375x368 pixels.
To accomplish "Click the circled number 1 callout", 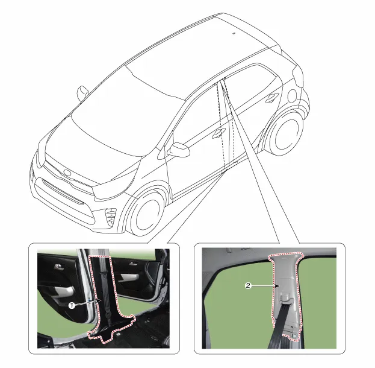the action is [x=71, y=305].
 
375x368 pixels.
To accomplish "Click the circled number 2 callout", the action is [x=248, y=285].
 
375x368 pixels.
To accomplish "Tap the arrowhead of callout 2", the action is [x=277, y=286].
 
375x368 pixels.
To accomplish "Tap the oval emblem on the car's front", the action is [x=67, y=172].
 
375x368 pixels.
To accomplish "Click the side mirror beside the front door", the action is [x=179, y=150].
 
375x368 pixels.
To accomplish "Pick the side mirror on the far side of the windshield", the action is [x=82, y=92].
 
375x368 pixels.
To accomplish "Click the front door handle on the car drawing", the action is [x=218, y=133].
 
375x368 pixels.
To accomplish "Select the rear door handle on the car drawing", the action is [x=272, y=98].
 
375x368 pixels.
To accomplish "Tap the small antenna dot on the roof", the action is [x=234, y=33].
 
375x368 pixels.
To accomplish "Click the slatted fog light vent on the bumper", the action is [x=111, y=217].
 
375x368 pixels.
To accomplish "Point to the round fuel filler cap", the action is [x=292, y=96].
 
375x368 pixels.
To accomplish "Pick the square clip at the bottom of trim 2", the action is [x=294, y=336].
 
